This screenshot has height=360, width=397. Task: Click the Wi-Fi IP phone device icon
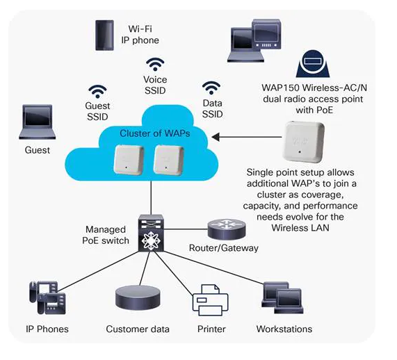pos(104,35)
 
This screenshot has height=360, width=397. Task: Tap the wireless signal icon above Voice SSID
pos(155,65)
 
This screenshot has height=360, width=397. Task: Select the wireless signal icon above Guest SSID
pos(97,92)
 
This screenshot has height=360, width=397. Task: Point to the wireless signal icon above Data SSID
pos(211,88)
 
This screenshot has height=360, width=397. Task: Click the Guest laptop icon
pos(38,122)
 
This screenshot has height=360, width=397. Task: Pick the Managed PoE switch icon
pos(151,233)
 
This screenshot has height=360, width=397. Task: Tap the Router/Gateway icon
pos(227,229)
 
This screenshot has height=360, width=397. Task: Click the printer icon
pos(211,300)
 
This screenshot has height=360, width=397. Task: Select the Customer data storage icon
pos(138,297)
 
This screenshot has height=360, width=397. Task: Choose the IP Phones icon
pos(47,297)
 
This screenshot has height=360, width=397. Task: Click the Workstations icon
pos(282,297)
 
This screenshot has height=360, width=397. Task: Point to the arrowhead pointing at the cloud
pos(216,137)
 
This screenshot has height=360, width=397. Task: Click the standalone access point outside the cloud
pos(304,142)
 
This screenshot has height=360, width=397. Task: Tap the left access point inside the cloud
pos(129,159)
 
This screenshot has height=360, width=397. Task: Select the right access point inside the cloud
pos(169,160)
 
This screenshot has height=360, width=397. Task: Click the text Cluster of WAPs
pos(155,133)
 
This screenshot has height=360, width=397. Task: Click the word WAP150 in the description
pos(281,88)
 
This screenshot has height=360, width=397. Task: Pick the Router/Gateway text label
pos(224,248)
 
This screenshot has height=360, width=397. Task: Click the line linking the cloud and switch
pos(151,197)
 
